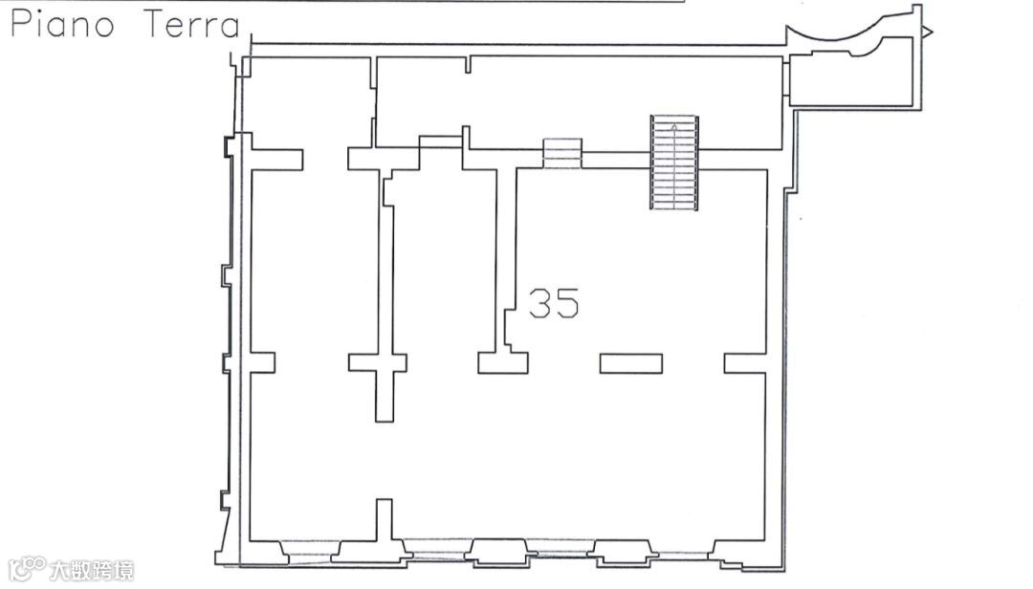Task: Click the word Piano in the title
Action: (x=62, y=24)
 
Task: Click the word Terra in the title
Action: (x=191, y=24)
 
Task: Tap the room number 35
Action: (x=554, y=303)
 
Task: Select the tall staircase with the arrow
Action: (x=674, y=163)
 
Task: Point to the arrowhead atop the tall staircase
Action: (x=674, y=126)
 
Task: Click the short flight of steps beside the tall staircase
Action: (x=562, y=153)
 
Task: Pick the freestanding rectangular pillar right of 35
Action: (x=630, y=363)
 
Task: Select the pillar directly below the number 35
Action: (x=503, y=363)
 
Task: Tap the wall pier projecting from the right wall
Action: (x=745, y=363)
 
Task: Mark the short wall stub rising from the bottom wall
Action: (x=385, y=520)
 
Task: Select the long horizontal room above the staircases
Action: (x=579, y=102)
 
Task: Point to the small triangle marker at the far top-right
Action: (x=928, y=31)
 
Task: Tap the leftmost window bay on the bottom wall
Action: (x=311, y=552)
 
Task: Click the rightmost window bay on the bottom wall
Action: (x=685, y=552)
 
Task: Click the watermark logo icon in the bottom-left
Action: (x=27, y=569)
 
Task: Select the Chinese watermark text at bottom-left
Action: (x=92, y=570)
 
